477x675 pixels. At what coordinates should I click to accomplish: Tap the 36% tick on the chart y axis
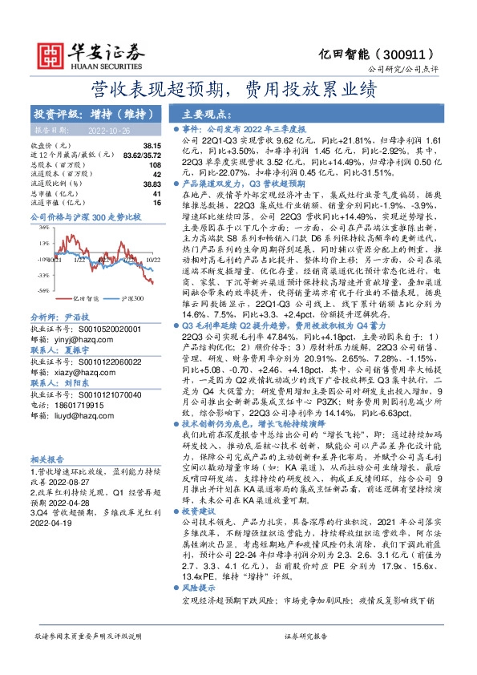point(39,228)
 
